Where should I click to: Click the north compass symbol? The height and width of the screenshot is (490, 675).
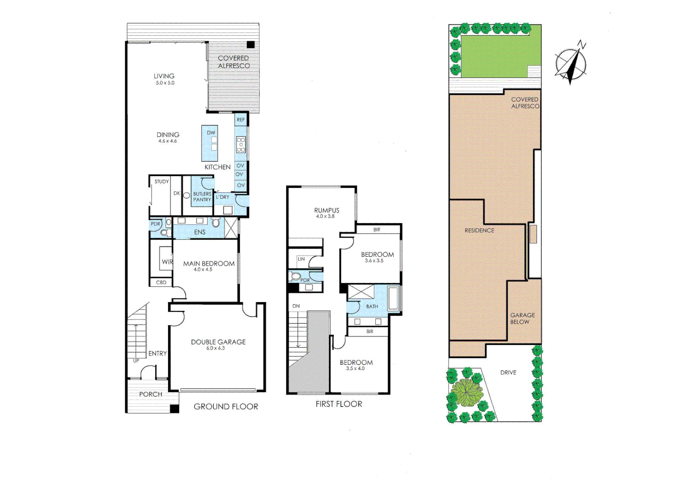pos(571,63)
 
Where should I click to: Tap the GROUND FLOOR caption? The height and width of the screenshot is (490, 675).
pos(226,407)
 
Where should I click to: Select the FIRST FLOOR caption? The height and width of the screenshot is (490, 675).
pos(339,404)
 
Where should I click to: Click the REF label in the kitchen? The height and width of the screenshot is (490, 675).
pos(241,120)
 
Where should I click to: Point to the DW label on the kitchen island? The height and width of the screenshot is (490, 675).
pos(211,133)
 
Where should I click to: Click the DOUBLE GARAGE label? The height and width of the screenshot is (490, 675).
pos(218,342)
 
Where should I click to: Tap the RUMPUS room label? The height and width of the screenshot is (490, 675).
pos(326,211)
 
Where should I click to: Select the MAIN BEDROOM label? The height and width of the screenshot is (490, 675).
pos(209,264)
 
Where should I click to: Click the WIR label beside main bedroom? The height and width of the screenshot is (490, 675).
pos(167,262)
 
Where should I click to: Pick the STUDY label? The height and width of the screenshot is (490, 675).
pos(162,181)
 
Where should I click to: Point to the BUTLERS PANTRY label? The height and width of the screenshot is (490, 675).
pos(202,197)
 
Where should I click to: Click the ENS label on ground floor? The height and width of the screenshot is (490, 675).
pos(200,232)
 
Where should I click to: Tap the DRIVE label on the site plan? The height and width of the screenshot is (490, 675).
pos(508,372)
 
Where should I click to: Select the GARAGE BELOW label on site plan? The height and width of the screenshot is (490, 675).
pos(522,318)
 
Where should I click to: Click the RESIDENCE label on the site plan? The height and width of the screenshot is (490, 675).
pos(479,230)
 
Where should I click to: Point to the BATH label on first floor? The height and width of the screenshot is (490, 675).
pos(372,307)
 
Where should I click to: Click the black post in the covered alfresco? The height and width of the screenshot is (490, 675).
pos(251,44)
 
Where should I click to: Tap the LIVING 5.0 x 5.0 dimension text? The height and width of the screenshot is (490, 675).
pos(165,83)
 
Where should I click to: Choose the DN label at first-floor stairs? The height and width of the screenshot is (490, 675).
pos(296,306)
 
